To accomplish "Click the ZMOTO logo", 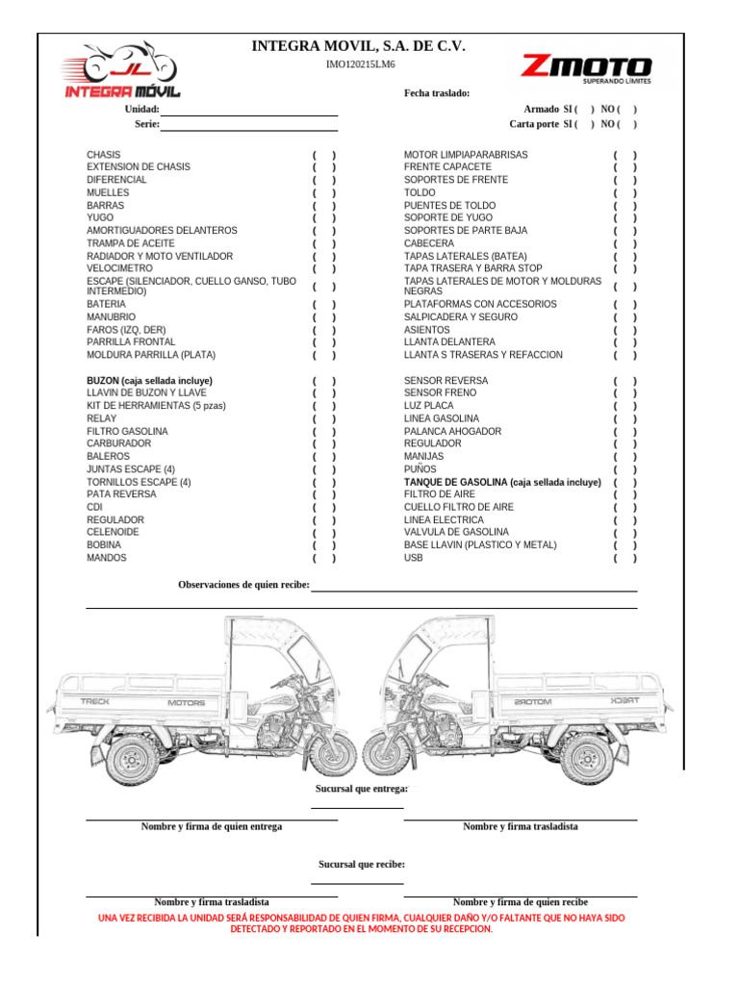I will pyautogui.click(x=586, y=69).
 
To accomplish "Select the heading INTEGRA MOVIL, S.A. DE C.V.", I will pyautogui.click(x=358, y=45).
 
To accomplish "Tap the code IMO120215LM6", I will pyautogui.click(x=361, y=64).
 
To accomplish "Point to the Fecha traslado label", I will pyautogui.click(x=437, y=93).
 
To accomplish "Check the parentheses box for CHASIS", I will pyautogui.click(x=324, y=155).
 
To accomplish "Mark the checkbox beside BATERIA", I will pyautogui.click(x=324, y=304).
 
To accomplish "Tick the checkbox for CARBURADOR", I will pyautogui.click(x=324, y=444).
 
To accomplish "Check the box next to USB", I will pyautogui.click(x=625, y=558).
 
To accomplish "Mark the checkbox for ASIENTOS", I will pyautogui.click(x=625, y=330).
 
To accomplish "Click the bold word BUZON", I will pyautogui.click(x=102, y=381).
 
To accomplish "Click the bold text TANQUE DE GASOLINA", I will pyautogui.click(x=455, y=482).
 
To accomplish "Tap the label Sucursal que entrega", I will pyautogui.click(x=361, y=789).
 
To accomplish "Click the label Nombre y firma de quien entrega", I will pyautogui.click(x=212, y=827).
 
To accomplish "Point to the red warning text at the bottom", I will pyautogui.click(x=362, y=923).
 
